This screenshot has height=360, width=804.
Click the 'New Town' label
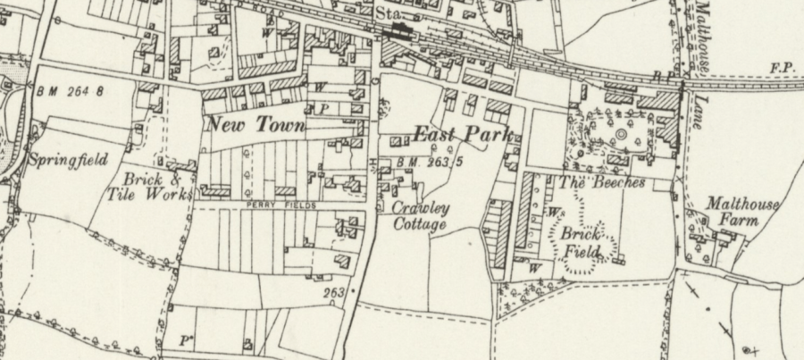click(x=255, y=125)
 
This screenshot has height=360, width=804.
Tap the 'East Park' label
click(x=462, y=136)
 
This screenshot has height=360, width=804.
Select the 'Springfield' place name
click(x=68, y=161)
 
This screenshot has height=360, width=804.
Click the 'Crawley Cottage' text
click(x=422, y=216)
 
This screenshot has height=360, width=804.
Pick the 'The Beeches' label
click(x=601, y=182)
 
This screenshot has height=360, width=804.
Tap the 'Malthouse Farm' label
click(x=741, y=213)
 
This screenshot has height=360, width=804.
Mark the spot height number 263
click(x=334, y=291)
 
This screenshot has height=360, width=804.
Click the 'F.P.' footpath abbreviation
click(x=782, y=69)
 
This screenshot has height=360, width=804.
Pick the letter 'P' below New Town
click(x=325, y=108)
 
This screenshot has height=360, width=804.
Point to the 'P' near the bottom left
click(x=186, y=339)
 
